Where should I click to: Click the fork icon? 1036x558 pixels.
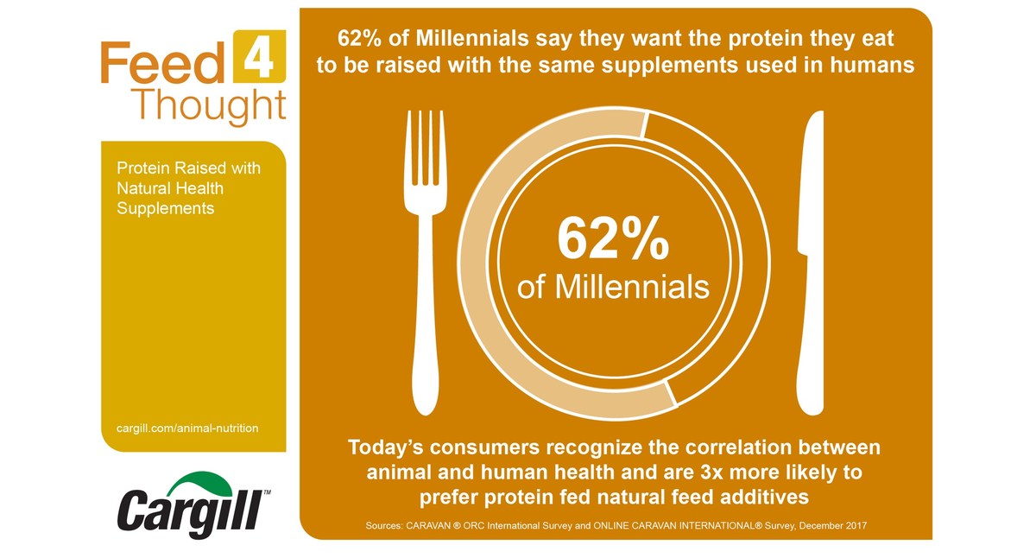(426, 263)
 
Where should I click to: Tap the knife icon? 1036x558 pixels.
(812, 263)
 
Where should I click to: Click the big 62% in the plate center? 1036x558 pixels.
(613, 239)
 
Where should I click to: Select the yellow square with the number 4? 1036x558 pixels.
(259, 56)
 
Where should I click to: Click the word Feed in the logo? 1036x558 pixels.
(163, 63)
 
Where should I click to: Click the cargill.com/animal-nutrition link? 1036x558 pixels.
(187, 428)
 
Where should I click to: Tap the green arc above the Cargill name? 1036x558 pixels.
(199, 484)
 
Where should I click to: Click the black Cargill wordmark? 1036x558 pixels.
(190, 514)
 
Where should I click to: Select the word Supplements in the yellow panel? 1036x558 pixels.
(165, 208)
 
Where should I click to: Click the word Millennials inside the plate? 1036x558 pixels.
(632, 287)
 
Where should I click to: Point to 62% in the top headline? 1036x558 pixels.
(359, 38)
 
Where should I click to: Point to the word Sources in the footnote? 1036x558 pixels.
(383, 526)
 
